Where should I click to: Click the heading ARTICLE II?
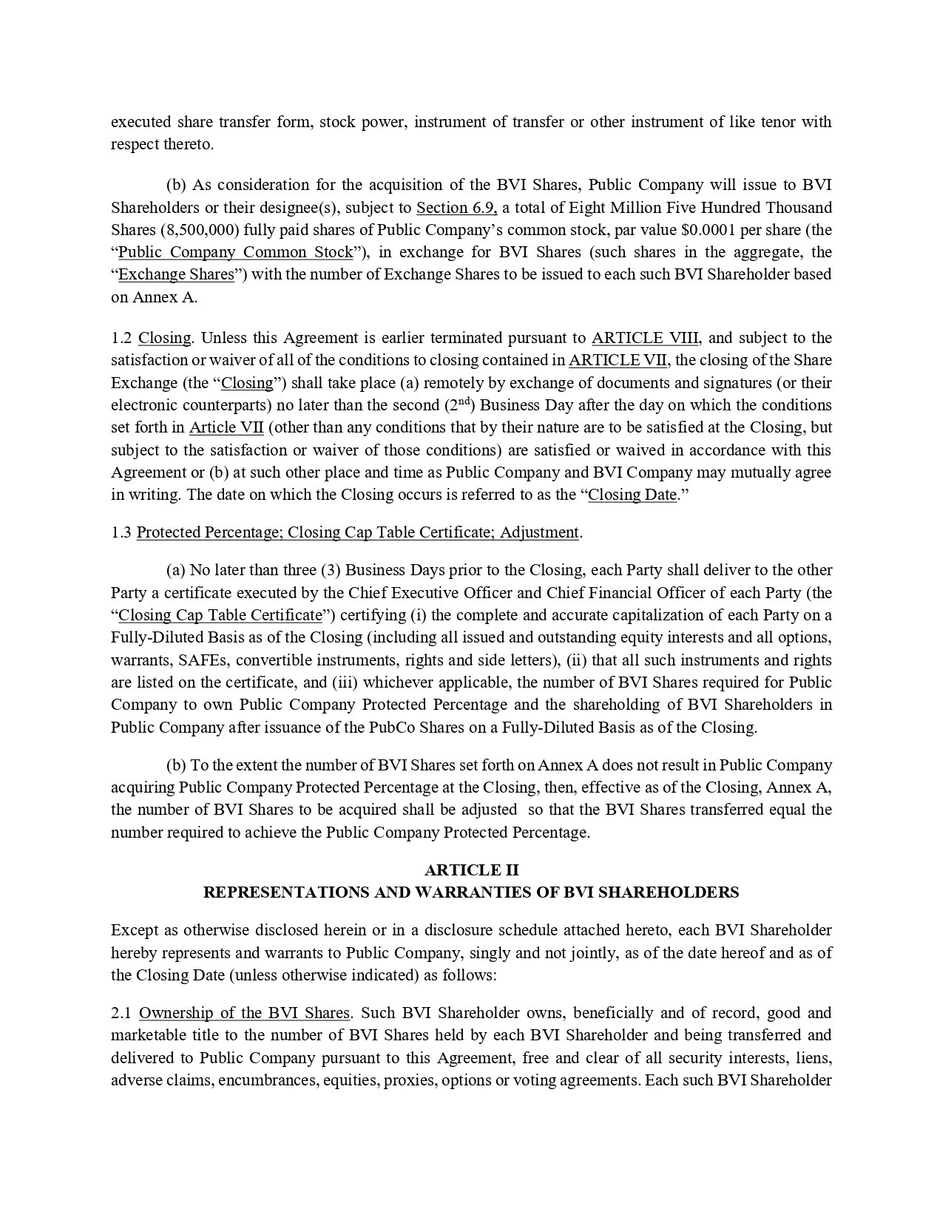pos(471,870)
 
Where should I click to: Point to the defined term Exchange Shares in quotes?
pos(176,274)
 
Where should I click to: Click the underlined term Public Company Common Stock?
pos(235,252)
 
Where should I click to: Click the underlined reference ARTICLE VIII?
pos(645,338)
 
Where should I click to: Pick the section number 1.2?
pos(121,338)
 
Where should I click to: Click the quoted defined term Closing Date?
pos(632,495)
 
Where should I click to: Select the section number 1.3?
pos(121,532)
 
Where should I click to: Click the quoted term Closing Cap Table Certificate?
pos(220,615)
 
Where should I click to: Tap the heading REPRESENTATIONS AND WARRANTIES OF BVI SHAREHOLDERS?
pos(471,892)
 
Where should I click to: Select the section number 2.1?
pos(121,1013)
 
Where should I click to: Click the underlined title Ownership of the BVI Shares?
pos(244,1013)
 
